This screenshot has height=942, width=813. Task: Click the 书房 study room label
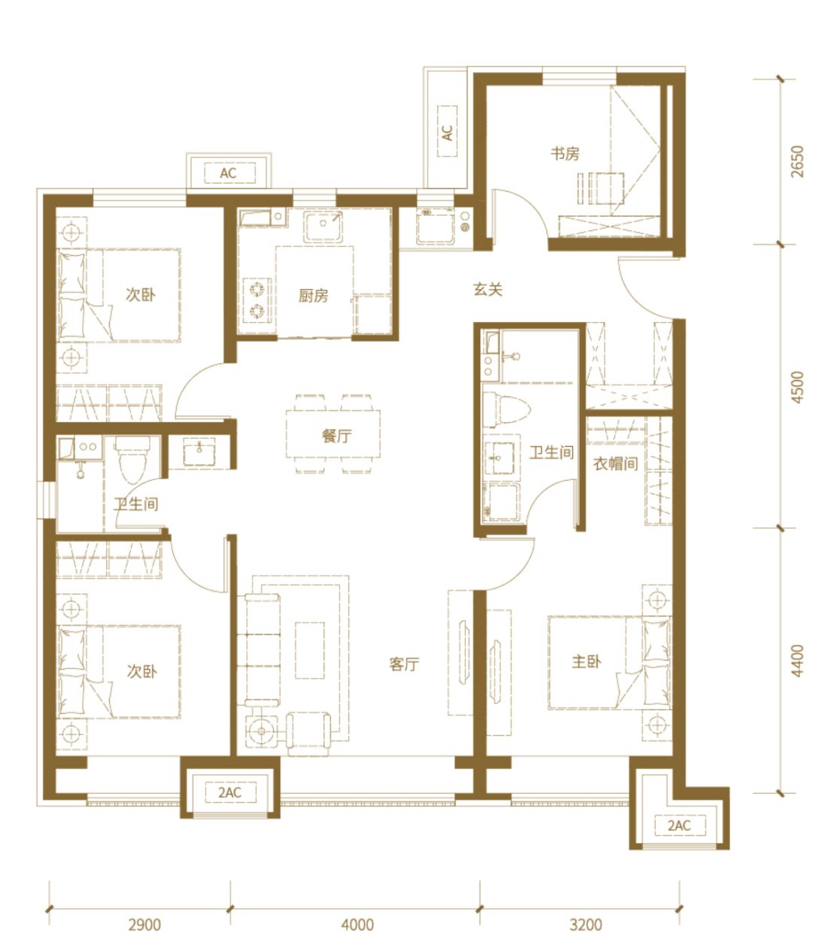tap(565, 154)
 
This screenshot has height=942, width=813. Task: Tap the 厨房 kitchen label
tap(313, 296)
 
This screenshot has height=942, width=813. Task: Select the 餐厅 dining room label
tap(336, 436)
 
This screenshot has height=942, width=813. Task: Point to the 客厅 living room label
tap(404, 664)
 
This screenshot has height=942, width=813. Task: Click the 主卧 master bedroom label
tap(586, 661)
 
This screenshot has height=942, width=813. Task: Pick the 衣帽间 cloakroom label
tap(615, 463)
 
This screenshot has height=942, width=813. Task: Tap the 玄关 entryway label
tap(488, 289)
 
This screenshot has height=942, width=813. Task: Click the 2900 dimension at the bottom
tap(145, 924)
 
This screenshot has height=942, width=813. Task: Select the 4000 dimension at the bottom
tap(358, 924)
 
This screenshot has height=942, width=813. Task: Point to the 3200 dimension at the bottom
tap(586, 924)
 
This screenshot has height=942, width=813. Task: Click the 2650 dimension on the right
tap(797, 161)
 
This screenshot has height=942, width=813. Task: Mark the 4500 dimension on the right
tap(797, 387)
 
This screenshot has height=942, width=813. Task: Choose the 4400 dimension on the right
tap(797, 661)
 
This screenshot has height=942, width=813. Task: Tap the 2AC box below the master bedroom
tap(680, 825)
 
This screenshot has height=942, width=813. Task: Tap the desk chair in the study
tap(607, 188)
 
